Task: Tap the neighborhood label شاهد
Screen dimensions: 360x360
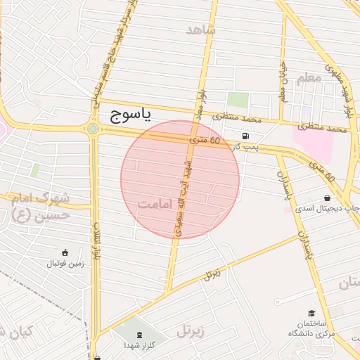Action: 201,29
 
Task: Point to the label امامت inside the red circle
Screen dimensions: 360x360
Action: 156,205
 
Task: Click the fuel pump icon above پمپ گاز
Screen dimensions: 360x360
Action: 245,136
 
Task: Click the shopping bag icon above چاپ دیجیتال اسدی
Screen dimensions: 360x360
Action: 328,198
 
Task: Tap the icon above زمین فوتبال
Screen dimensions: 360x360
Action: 65,252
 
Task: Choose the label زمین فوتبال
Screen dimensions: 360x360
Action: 65,264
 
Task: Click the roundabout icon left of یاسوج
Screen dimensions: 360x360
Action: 93,129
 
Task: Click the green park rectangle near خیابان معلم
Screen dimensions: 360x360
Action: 238,101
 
